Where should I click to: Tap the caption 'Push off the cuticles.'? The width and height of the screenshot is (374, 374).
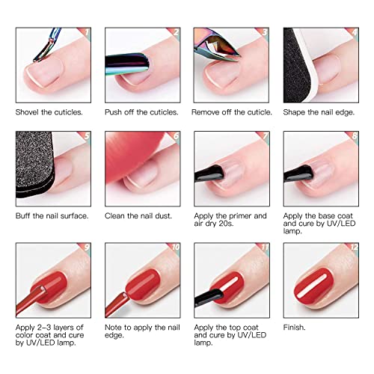142,112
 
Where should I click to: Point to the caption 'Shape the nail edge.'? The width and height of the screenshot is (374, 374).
319,112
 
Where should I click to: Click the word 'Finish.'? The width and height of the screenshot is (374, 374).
295,327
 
